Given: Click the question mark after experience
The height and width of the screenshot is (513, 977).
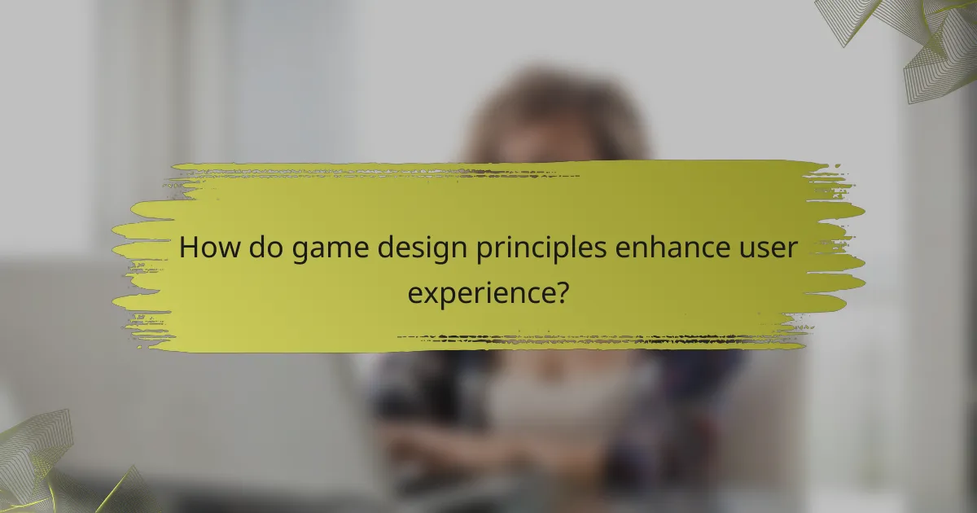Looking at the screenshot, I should coord(559,291).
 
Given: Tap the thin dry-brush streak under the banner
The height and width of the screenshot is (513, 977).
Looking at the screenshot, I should coord(602,337).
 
